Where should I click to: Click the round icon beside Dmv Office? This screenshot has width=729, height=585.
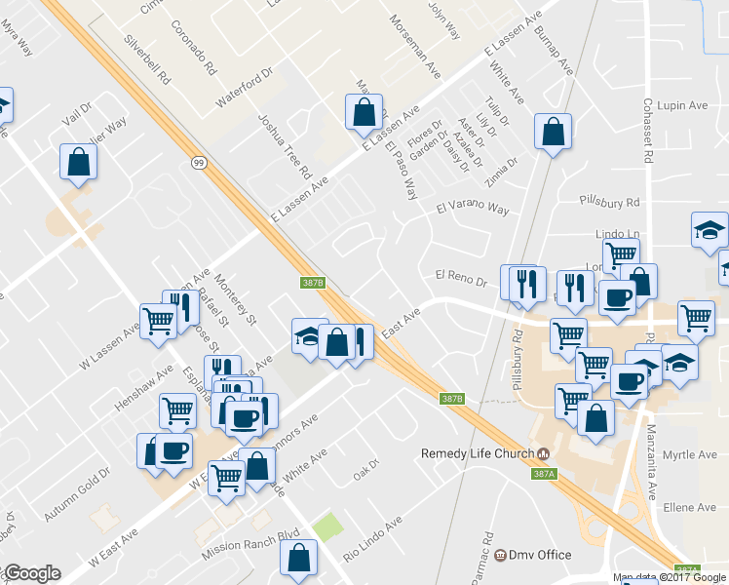pyautogui.click(x=501, y=555)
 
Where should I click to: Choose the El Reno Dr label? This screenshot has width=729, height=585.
pyautogui.click(x=460, y=281)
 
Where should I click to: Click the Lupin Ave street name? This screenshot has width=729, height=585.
pyautogui.click(x=683, y=105)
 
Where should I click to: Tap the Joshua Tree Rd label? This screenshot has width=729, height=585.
pyautogui.click(x=285, y=145)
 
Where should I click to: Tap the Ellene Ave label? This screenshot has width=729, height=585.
pyautogui.click(x=689, y=508)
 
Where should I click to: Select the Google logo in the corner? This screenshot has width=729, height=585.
pyautogui.click(x=31, y=573)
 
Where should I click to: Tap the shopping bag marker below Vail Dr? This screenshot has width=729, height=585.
pyautogui.click(x=78, y=164)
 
